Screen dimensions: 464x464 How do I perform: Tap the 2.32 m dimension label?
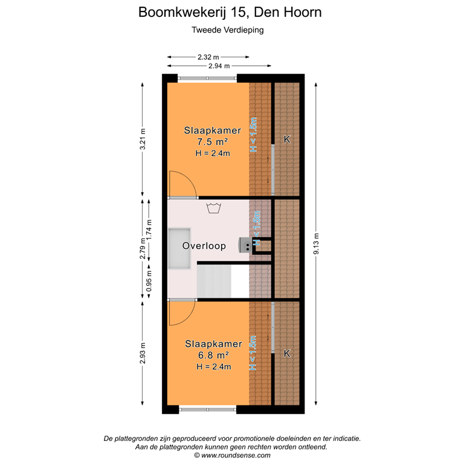[x=208, y=56]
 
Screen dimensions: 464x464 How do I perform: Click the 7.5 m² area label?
[x=211, y=142]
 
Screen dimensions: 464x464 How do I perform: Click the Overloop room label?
[x=204, y=246]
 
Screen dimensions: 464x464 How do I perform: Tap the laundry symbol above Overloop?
[x=213, y=208]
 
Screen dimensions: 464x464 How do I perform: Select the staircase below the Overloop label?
[x=215, y=282]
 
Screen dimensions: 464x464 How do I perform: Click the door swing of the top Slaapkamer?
[x=182, y=184]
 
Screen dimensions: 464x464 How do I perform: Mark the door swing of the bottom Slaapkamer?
[x=181, y=312]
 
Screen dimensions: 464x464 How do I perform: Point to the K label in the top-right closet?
[x=287, y=140]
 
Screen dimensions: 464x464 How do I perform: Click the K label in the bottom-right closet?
[x=287, y=353]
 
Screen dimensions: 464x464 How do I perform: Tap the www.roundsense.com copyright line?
[x=232, y=456]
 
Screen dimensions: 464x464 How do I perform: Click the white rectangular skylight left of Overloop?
[x=180, y=248]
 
